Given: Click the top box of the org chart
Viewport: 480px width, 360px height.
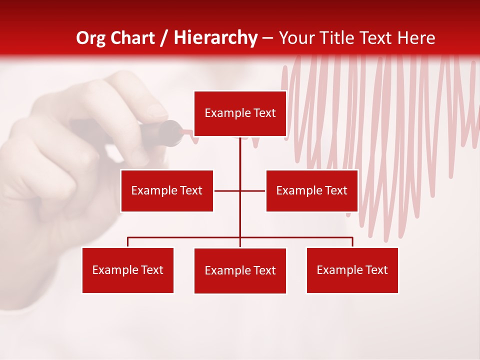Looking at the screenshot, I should pos(240,113).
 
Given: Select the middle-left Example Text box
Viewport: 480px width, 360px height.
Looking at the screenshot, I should pos(167,190).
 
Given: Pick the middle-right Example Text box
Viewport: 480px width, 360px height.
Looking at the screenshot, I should pos(311,190).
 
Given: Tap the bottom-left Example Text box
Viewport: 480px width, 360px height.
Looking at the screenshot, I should pos(128,270).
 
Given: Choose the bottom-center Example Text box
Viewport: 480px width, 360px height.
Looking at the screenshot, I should pos(240,270).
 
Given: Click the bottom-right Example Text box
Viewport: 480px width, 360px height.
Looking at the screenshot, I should pos(352,270).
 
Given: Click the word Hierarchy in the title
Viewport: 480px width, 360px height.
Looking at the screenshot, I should pos(215,38).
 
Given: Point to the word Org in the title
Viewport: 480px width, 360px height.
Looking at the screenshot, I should pos(91,38).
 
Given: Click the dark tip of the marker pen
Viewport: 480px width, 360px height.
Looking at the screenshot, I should pos(172,133).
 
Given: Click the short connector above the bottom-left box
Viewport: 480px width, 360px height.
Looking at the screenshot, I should pos(128,242).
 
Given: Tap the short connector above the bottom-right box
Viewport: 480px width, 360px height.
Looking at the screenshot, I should pos(352,242).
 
